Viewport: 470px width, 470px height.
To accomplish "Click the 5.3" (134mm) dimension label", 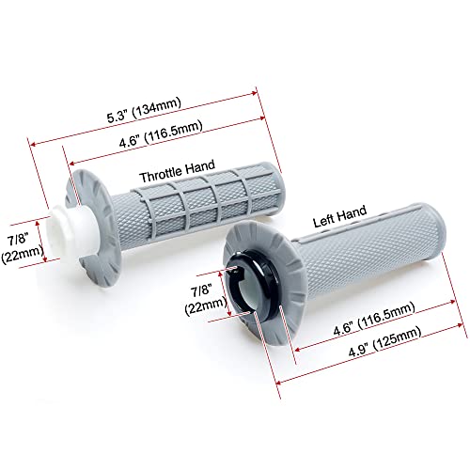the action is point(145,110).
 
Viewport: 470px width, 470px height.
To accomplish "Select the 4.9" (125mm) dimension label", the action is point(385,341).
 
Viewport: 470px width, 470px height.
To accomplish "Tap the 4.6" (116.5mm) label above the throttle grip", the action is point(161,133).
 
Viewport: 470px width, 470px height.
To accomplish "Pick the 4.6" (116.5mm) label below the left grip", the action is point(374,320).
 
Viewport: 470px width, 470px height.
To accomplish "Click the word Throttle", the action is point(161,174).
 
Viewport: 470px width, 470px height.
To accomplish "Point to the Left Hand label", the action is point(340,216).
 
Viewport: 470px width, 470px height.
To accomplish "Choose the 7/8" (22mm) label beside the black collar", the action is point(205,299).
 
